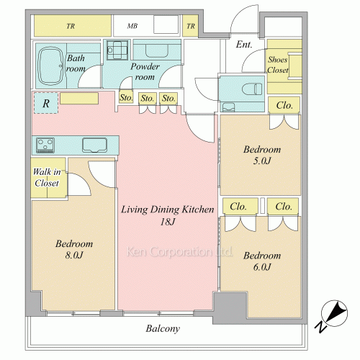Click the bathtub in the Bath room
51,66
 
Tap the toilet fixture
252,89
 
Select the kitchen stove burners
45,145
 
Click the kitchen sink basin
94,145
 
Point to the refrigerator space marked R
46,103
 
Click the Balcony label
163,328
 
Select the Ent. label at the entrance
244,45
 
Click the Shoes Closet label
278,65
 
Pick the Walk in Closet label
47,177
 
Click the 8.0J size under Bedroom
74,255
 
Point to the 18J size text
168,222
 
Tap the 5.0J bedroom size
262,161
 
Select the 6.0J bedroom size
262,267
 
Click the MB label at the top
132,26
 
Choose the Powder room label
145,71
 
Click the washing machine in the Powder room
117,50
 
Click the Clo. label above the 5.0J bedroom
284,105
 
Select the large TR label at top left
71,26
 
